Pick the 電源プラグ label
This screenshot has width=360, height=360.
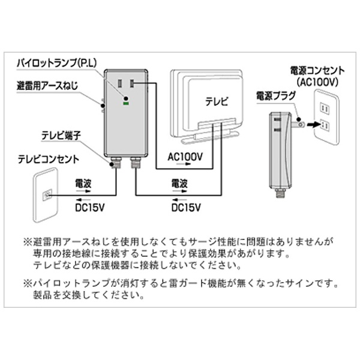pyautogui.click(x=275, y=95)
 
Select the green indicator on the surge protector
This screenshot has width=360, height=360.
pyautogui.click(x=126, y=104)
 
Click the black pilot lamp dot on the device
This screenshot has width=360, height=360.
pyautogui.click(x=126, y=98)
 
